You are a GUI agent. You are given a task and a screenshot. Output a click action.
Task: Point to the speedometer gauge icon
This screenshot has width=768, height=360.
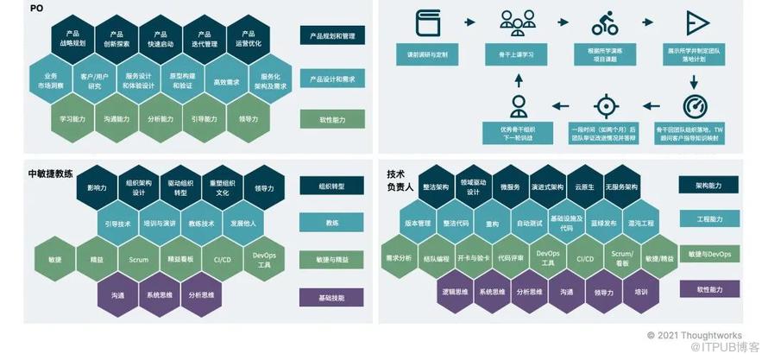[695, 106]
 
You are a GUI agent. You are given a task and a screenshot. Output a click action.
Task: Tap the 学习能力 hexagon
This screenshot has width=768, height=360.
[72, 119]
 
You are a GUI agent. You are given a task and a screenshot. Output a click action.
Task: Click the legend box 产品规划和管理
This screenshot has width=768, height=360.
[332, 36]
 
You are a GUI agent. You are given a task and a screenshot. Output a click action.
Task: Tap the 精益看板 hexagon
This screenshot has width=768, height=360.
[180, 259]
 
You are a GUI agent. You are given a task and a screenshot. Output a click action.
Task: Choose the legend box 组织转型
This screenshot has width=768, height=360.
[332, 186]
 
